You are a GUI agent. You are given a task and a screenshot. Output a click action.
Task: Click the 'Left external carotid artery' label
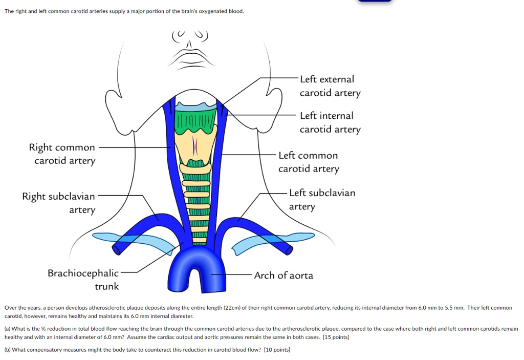[x=330, y=86]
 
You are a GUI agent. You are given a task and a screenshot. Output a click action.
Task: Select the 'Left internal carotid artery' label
[x=330, y=122]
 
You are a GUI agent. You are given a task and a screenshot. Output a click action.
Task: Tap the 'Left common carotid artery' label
[x=308, y=162]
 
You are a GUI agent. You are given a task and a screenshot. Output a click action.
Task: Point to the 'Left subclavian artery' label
[x=321, y=200]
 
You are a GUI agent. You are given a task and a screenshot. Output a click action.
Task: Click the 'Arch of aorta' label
[x=283, y=276]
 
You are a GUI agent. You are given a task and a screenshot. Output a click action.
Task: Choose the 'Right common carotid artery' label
[x=62, y=154]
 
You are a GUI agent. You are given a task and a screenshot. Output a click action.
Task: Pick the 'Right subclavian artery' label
[x=59, y=203]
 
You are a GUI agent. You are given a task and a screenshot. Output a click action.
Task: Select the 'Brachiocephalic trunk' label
[x=83, y=280]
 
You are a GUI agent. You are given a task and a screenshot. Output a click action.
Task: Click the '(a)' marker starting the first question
[x=8, y=329]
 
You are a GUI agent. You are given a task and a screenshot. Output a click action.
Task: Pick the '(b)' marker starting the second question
[x=8, y=349]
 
